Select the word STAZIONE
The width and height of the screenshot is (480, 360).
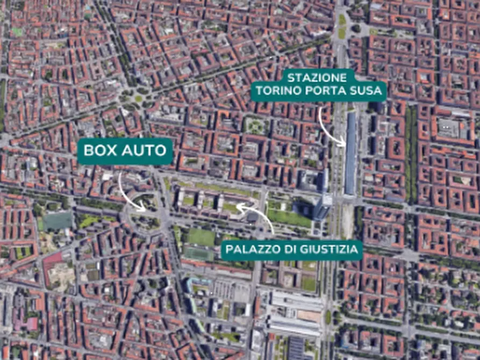point(317,78)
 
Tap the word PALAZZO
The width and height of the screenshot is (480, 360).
point(252,250)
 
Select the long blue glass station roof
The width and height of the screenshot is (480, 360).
point(351,153)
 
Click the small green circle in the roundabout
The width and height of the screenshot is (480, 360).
point(138,98)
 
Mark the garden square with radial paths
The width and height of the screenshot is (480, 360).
point(255,126)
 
